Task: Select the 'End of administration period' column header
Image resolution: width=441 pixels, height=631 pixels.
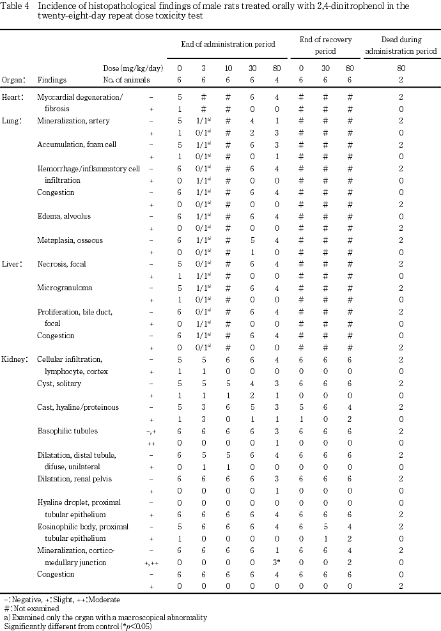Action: coord(227,44)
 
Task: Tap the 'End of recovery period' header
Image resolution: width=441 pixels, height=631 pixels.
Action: coord(325,45)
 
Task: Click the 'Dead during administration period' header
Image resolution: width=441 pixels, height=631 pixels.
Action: coord(401,45)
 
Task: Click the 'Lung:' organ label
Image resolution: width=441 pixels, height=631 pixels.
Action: coord(13,120)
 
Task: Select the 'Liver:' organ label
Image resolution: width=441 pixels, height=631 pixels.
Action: coord(13,264)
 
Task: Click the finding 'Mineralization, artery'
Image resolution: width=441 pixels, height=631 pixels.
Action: coord(73,120)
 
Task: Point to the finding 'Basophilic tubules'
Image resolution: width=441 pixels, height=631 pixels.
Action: coord(68,431)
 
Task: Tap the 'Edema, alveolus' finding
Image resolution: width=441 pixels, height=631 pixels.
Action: coord(64,216)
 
